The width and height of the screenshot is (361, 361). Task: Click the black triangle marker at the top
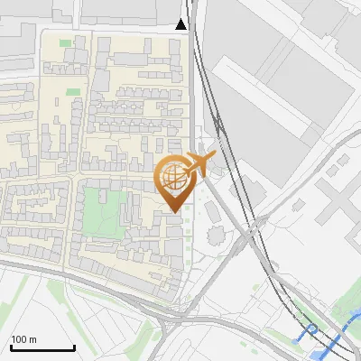click(x=182, y=23)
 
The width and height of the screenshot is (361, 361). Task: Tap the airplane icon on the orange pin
click(x=200, y=163)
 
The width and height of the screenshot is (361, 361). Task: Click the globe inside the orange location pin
click(x=172, y=177)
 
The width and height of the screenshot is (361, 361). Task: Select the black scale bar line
click(x=42, y=348)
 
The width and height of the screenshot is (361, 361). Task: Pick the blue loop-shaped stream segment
click(x=310, y=330)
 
